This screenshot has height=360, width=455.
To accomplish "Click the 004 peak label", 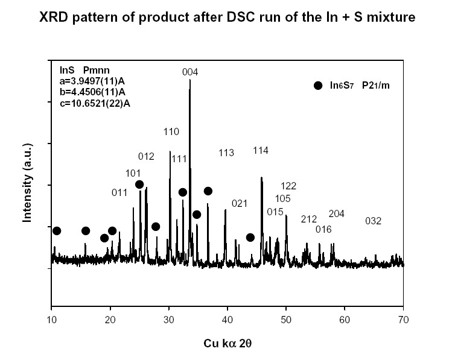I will tap(190, 72).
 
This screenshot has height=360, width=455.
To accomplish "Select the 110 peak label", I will tap(171, 131).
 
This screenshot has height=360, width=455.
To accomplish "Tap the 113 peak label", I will tap(226, 153).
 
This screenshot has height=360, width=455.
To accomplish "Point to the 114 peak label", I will tap(261, 151).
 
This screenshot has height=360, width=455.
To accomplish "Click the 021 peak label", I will tap(240, 203).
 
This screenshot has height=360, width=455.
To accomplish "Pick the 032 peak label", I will tap(374, 221).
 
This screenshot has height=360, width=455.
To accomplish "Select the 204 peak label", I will tap(336, 213).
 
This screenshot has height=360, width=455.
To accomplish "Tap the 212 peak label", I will tap(308, 219).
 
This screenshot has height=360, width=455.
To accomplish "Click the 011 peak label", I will tap(119, 192).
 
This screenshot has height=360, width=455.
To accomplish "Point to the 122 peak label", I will tap(288, 186).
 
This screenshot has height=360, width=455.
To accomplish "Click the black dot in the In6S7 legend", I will tap(318, 86).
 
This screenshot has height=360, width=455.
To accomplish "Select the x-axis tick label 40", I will tap(227, 318).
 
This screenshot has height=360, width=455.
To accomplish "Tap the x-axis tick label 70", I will tap(404, 318).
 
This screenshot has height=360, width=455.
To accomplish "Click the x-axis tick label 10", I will tap(51, 318).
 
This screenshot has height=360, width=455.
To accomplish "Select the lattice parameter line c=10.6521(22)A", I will tap(90, 103).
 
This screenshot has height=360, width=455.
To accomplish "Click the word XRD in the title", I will tap(55, 17).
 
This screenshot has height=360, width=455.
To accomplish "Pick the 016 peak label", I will tap(323, 229).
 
